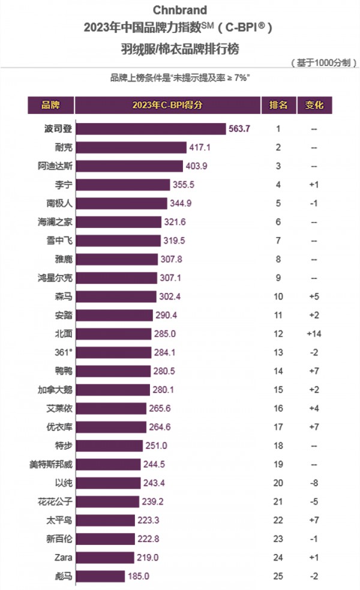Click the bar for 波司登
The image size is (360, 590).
(151, 128)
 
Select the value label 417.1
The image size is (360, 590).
(200, 147)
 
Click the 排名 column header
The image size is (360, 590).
(278, 105)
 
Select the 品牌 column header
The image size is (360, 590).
(50, 105)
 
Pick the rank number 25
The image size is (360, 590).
(278, 576)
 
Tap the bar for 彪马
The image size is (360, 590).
(101, 576)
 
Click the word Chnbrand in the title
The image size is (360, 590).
(179, 10)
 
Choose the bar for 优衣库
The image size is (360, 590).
(112, 427)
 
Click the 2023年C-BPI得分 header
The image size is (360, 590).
(167, 105)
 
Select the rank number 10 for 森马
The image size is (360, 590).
(278, 297)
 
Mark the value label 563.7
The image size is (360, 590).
(240, 128)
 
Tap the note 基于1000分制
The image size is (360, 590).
(323, 62)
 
